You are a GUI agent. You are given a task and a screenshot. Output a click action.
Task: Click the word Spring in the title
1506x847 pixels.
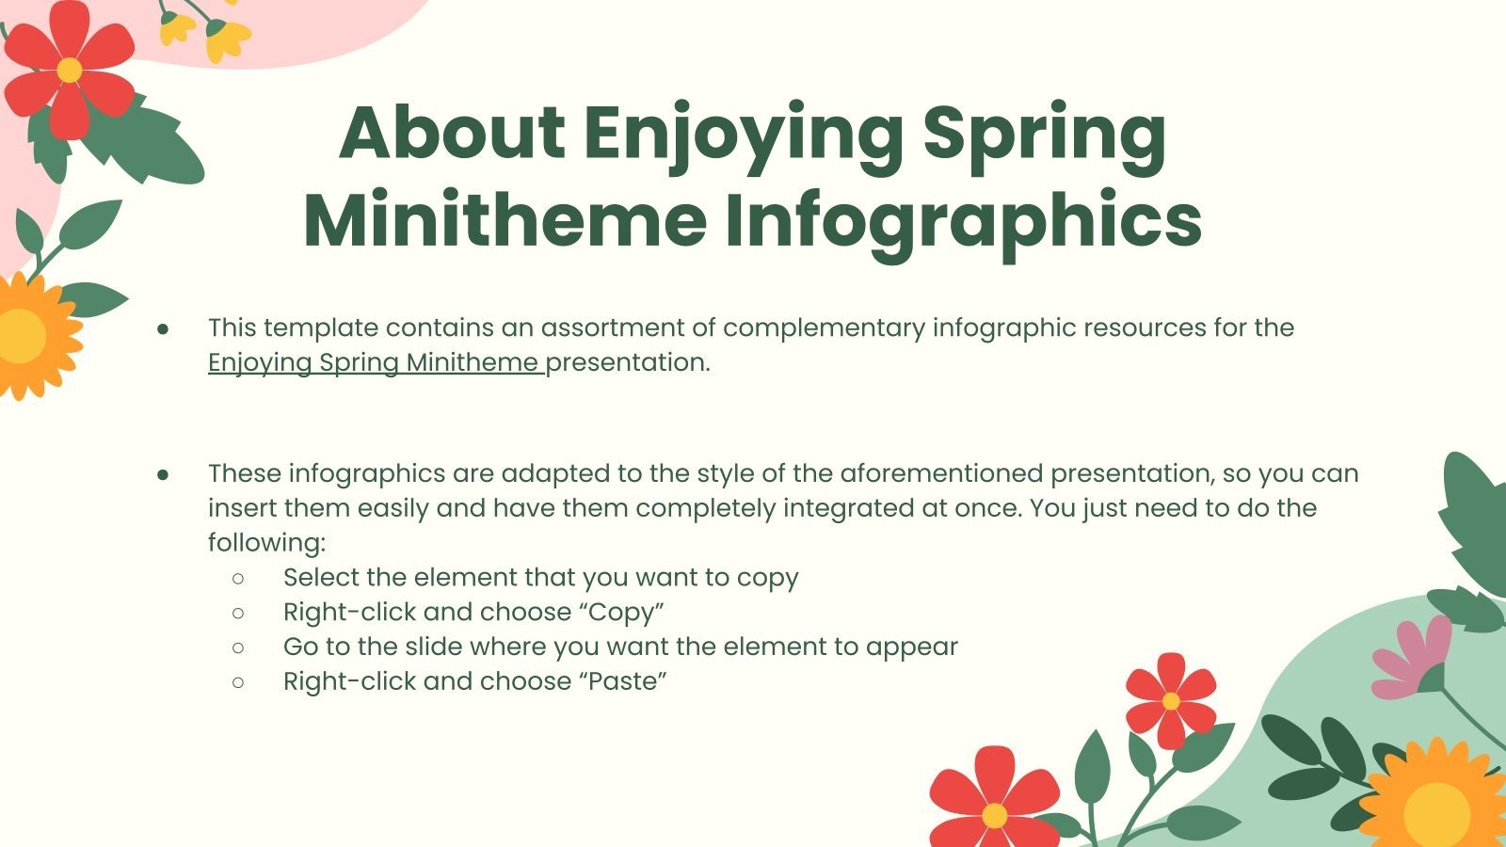pos(1044,133)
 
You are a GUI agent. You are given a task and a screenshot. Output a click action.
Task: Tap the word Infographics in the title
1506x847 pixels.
pos(962,221)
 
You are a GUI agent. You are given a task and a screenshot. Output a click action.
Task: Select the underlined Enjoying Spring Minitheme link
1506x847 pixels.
pos(375,362)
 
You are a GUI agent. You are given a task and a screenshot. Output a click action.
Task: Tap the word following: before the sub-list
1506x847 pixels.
pos(266,543)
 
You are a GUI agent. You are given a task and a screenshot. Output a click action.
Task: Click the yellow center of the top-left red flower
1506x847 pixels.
pos(69,71)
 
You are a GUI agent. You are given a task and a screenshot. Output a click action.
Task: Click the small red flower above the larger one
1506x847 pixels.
pos(1170,701)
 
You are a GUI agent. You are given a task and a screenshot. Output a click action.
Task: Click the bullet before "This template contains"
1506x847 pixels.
pos(163,328)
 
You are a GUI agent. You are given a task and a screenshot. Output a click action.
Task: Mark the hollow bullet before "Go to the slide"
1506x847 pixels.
pos(238,647)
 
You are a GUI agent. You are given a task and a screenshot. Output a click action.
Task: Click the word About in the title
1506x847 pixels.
pos(452,133)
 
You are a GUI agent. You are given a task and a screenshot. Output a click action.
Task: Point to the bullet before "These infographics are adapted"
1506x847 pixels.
pos(163,474)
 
